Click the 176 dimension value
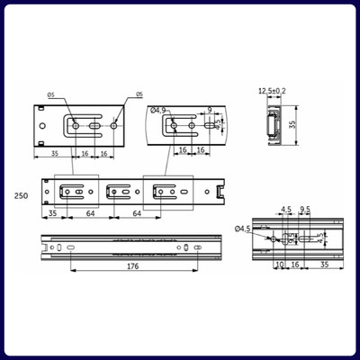[132, 266]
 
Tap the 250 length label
[20, 195]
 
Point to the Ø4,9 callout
[159, 111]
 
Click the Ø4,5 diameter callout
[242, 229]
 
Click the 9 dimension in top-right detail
[209, 110]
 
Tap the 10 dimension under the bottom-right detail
[280, 265]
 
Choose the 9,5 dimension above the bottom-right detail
[305, 211]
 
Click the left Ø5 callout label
[51, 94]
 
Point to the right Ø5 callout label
[138, 94]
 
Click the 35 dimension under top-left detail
[55, 153]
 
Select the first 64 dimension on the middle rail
[91, 214]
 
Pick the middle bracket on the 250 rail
[121, 191]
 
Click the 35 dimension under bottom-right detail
[323, 265]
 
